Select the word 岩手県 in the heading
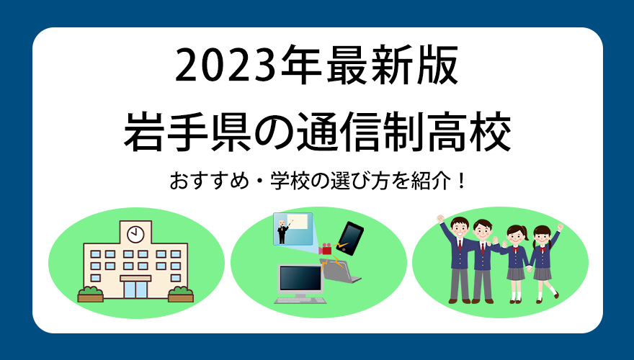187,132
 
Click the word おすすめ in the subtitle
209,181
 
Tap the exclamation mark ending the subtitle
461,181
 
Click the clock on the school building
135,234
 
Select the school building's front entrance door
135,289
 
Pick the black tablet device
349,238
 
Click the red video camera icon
325,249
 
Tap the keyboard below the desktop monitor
300,300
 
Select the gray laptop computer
339,271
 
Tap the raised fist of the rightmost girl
560,227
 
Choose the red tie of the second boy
483,248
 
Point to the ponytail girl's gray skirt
516,274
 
